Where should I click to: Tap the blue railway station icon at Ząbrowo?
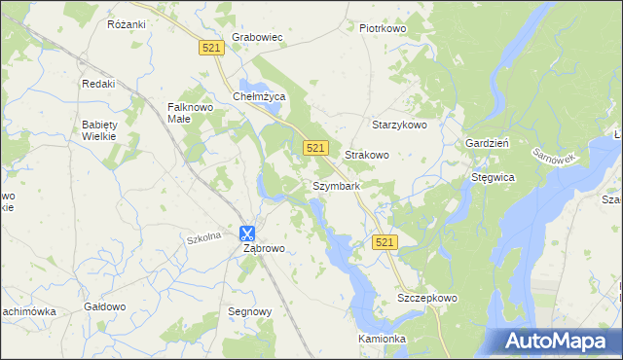[246, 233]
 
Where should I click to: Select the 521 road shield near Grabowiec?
[211, 48]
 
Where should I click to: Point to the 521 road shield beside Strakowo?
[313, 147]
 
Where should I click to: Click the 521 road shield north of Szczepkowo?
[385, 241]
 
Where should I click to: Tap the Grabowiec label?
[256, 38]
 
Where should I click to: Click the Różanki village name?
[127, 21]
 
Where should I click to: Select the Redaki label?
[98, 84]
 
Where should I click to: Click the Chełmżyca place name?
[258, 96]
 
